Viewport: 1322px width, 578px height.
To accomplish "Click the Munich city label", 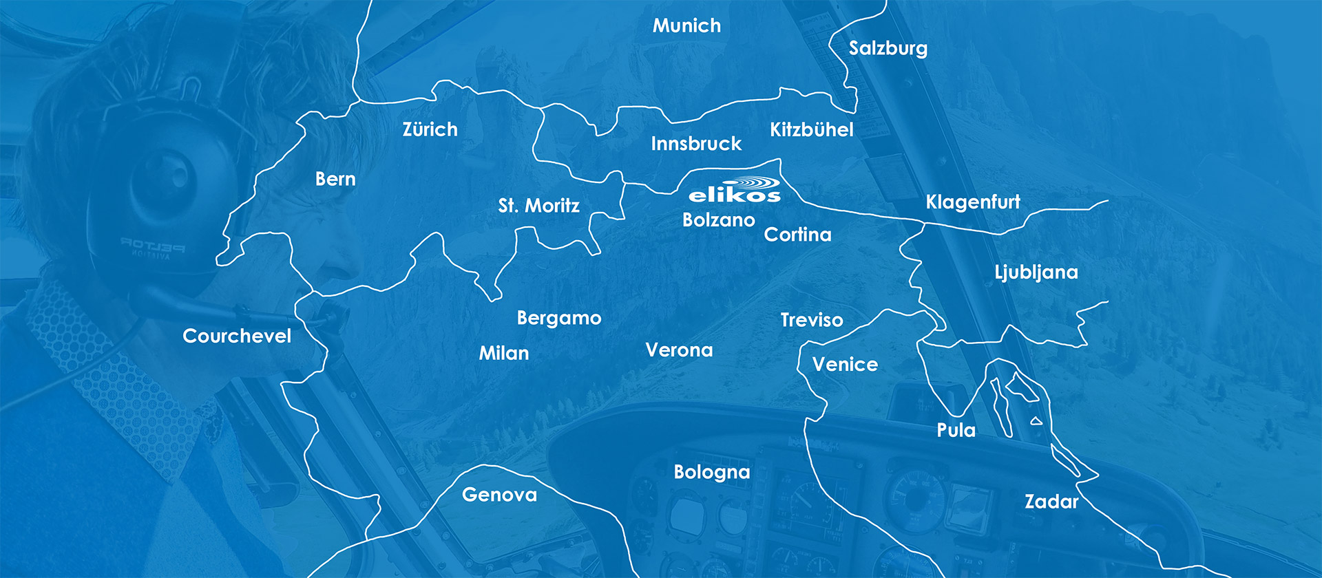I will (686, 26).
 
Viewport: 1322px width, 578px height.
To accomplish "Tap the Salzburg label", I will (888, 48).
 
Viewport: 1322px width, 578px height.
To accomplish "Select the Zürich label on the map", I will (430, 129).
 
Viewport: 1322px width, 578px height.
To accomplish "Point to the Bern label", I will (335, 179).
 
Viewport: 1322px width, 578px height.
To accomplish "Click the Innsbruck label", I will (696, 144).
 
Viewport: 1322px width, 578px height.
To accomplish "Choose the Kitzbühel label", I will (811, 129).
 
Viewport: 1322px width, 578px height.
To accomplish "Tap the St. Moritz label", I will (538, 205).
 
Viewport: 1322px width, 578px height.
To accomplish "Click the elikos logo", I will (735, 191).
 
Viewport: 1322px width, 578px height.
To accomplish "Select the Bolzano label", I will (718, 220).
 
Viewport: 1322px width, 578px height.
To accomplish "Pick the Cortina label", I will (797, 235).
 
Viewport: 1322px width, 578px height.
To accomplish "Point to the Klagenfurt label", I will (972, 202).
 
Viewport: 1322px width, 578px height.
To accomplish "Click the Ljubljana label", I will (1036, 272).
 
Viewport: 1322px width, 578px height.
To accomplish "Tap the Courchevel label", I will (237, 336).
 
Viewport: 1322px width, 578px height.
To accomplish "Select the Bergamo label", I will (558, 318).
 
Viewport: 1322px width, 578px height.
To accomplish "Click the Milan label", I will (504, 353).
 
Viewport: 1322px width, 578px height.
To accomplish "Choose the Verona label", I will (679, 350).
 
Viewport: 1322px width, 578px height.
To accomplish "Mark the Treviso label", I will (811, 320).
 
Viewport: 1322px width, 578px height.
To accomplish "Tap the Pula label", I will (956, 431).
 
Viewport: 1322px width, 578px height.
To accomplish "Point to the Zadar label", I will (1051, 502).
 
